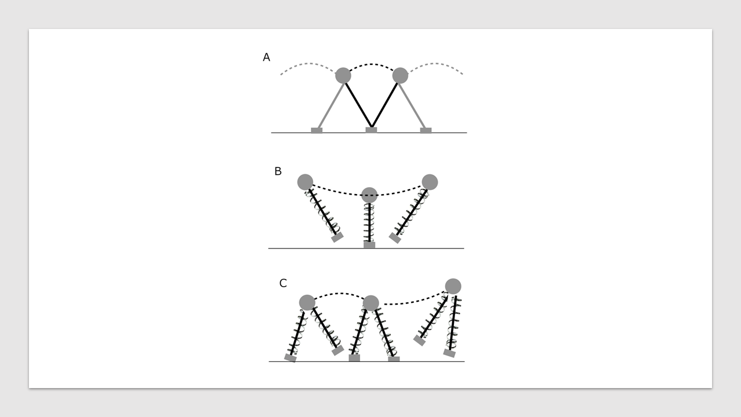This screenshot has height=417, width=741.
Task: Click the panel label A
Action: click(266, 57)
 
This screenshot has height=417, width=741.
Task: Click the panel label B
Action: click(278, 171)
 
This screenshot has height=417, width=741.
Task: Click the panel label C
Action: click(283, 283)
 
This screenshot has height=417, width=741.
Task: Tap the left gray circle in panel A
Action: click(343, 75)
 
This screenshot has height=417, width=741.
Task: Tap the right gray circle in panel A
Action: click(400, 75)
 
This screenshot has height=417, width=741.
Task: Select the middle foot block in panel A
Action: click(371, 130)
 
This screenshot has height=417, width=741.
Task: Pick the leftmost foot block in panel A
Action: click(317, 130)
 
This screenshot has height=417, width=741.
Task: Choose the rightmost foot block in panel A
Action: click(425, 130)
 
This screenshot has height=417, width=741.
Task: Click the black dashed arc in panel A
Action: click(372, 64)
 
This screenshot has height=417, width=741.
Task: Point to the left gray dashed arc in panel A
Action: click(309, 63)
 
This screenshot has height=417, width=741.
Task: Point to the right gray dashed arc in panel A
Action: click(435, 63)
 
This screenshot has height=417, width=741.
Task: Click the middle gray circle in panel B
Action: click(369, 195)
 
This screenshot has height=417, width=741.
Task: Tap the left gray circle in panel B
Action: click(305, 182)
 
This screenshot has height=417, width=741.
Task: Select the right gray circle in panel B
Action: click(430, 182)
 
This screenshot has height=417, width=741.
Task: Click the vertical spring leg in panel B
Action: click(369, 222)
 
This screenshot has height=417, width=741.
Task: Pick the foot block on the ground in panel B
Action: click(369, 245)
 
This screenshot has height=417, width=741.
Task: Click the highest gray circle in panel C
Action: click(453, 286)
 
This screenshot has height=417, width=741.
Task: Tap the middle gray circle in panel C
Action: click(371, 303)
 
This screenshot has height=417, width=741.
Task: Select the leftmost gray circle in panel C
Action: click(307, 303)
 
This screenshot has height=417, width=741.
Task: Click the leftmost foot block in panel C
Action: click(291, 358)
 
